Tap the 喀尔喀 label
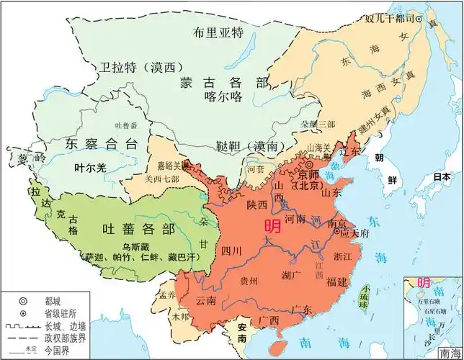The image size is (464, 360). (220, 102)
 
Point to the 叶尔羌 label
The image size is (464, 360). (90, 167)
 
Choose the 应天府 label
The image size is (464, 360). (354, 233)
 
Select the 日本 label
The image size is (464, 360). (441, 179)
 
